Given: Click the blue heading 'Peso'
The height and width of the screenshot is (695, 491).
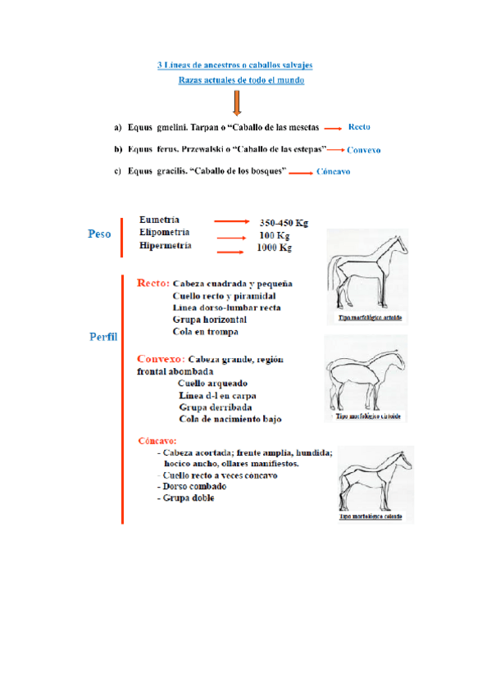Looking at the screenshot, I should [99, 234].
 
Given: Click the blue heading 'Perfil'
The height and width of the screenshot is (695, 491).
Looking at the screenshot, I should [103, 337].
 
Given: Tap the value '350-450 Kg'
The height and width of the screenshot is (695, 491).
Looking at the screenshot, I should [284, 222].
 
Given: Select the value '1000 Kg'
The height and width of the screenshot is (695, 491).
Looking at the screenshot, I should [275, 248].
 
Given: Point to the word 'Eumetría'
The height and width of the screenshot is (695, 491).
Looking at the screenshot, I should [160, 220].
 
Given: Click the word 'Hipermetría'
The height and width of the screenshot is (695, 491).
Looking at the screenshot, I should [166, 245].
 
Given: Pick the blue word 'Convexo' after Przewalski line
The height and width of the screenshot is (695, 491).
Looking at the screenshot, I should [364, 150].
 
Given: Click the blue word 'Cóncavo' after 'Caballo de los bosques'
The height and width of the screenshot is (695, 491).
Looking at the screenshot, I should [334, 172].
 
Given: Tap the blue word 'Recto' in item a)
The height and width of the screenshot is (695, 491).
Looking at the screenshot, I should [360, 127].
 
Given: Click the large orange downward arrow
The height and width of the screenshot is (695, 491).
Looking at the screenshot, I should [237, 102].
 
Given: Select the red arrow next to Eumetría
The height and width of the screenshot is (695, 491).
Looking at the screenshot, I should [231, 221].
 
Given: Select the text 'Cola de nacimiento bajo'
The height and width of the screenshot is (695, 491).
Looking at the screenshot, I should [230, 419].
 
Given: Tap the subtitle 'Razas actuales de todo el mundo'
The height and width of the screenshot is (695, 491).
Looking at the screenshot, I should [241, 80].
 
